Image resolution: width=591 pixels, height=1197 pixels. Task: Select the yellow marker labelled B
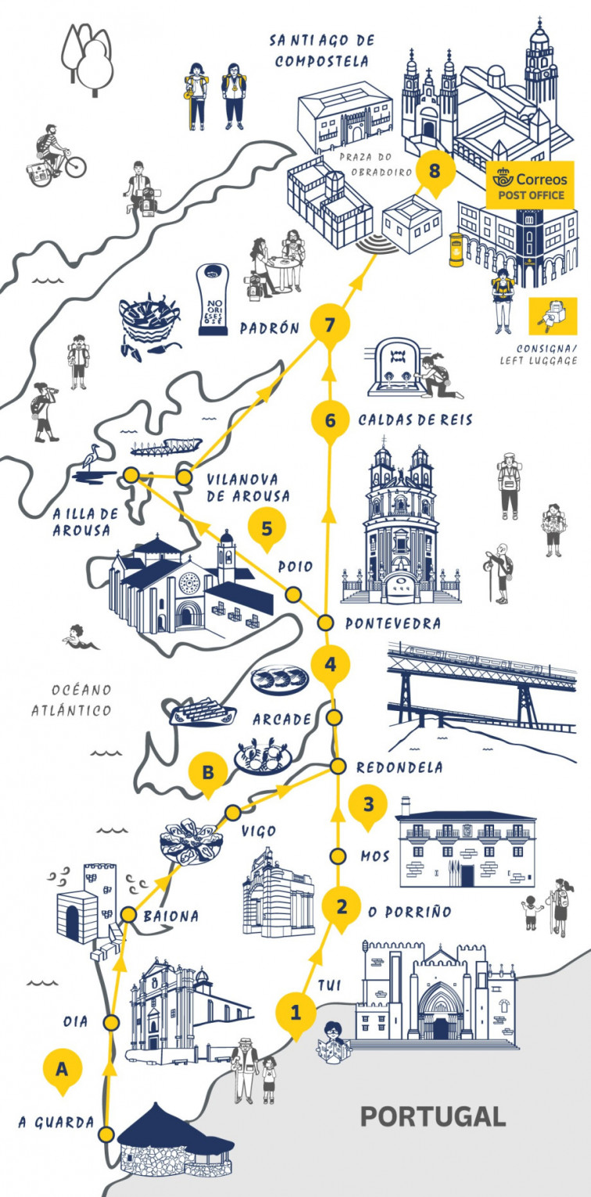208,772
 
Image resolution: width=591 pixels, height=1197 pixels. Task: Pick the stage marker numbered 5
267,529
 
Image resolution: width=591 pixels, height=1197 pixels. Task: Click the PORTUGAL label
432,1117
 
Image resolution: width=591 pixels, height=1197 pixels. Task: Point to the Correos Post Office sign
530,185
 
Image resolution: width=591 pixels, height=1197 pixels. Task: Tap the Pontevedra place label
392,624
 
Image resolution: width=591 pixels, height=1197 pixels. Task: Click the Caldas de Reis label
415,420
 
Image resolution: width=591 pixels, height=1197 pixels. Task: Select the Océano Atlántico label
71,700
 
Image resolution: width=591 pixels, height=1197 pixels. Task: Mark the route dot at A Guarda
107,1134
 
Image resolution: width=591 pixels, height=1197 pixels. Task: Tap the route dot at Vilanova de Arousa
184,477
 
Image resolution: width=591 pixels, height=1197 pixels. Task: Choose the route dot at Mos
338,856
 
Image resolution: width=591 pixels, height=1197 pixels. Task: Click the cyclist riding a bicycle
56,155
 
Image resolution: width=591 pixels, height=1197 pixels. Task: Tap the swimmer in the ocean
80,637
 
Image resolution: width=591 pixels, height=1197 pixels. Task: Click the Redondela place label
399,767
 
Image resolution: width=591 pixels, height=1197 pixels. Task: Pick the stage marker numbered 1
295,1013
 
